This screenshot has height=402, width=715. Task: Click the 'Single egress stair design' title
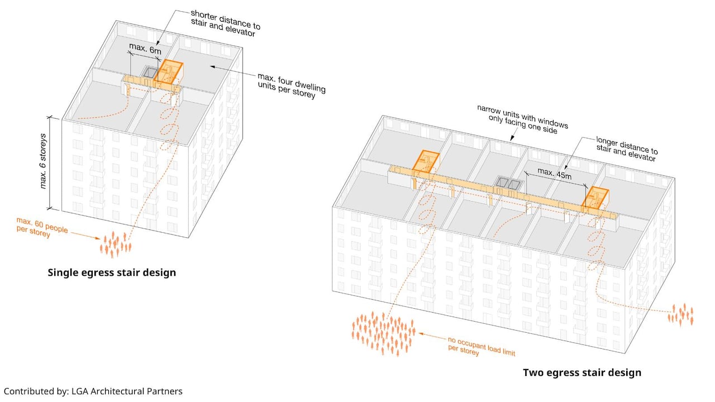pyautogui.click(x=112, y=272)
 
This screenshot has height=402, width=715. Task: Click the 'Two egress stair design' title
pyautogui.click(x=581, y=372)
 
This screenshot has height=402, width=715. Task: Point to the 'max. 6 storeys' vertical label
pyautogui.click(x=44, y=162)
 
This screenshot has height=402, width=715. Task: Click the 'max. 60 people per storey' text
pyautogui.click(x=42, y=229)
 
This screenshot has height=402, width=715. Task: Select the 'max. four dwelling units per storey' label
pyautogui.click(x=291, y=85)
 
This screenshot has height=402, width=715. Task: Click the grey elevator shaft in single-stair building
pyautogui.click(x=149, y=73)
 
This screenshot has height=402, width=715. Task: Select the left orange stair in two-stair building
pyautogui.click(x=426, y=161)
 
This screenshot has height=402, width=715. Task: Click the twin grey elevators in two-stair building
pyautogui.click(x=509, y=184)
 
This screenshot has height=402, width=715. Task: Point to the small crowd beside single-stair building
pyautogui.click(x=115, y=244)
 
